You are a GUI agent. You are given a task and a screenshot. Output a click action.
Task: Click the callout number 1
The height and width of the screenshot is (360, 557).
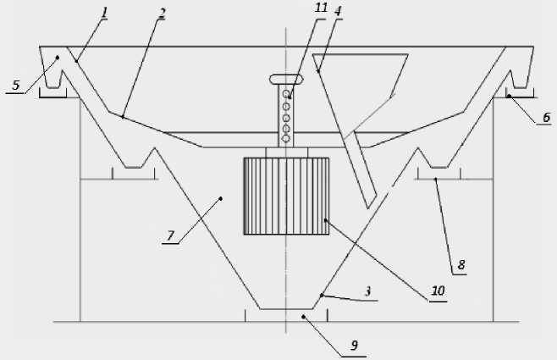click(x=104, y=12)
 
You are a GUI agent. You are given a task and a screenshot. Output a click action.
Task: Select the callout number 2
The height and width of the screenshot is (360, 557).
click(x=161, y=14)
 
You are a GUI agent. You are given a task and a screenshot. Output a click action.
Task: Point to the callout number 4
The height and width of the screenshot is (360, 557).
click(x=338, y=12)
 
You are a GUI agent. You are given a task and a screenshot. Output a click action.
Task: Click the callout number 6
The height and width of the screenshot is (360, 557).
click(x=547, y=117)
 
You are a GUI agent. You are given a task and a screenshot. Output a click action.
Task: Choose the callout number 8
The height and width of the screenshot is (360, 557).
click(x=460, y=264)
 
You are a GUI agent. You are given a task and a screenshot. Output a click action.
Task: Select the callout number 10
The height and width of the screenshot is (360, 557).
click(x=437, y=291)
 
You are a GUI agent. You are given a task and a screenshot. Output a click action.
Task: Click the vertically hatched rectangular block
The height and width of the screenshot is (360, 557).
click(x=284, y=196)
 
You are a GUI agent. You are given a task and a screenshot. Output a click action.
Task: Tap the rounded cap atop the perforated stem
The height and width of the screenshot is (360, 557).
click(x=285, y=80)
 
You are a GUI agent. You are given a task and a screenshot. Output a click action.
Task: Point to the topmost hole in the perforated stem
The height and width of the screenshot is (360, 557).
click(x=286, y=93)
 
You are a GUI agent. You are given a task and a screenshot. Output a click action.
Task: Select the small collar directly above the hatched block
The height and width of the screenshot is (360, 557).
click(x=285, y=152)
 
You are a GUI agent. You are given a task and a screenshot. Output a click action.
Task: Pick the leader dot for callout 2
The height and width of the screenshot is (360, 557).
click(x=124, y=117)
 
